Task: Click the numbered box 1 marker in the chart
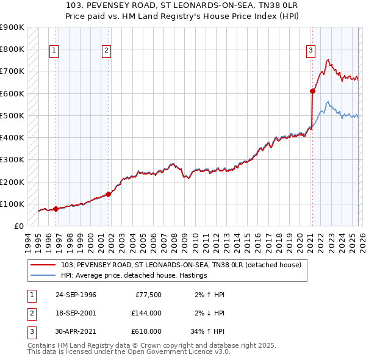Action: [x=54, y=51]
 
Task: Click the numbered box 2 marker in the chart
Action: [x=106, y=51]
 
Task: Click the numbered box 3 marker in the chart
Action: [x=310, y=51]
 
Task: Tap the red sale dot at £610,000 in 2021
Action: [x=312, y=91]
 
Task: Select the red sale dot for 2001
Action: [x=109, y=194]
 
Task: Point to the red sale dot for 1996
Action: [x=56, y=209]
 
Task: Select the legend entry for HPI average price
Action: [x=134, y=275]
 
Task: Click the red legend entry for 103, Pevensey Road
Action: [x=181, y=265]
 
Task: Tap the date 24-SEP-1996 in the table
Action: [x=76, y=295]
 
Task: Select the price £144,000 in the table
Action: [x=146, y=313]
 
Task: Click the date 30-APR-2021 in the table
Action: [x=76, y=331]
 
